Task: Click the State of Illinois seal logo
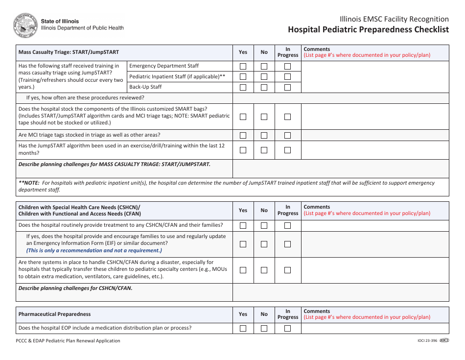click(25, 24)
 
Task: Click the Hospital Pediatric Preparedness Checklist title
click(368, 29)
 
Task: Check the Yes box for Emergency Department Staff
click(243, 66)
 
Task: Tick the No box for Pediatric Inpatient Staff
click(264, 77)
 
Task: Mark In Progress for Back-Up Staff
click(287, 87)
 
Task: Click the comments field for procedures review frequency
click(340, 98)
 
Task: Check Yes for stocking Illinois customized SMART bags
click(243, 117)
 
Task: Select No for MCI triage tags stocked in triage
click(264, 135)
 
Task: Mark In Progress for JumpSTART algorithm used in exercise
click(287, 150)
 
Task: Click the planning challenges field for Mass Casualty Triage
click(340, 168)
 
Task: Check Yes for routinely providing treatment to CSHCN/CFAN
click(243, 226)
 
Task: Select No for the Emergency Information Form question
click(264, 244)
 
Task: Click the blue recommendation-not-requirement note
click(94, 250)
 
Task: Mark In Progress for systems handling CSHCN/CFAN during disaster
click(287, 270)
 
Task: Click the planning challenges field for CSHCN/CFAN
click(340, 292)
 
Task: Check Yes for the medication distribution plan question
click(243, 328)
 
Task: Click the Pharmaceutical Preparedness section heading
click(55, 314)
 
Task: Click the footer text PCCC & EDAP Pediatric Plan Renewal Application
click(68, 341)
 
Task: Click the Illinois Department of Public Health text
click(82, 28)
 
